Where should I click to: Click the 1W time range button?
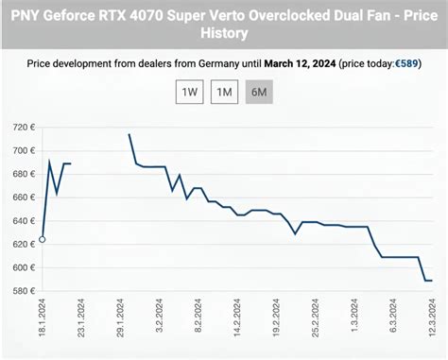click(190, 93)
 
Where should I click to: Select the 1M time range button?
click(223, 93)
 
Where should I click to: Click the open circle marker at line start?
click(42, 239)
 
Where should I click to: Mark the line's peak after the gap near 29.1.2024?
click(129, 134)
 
